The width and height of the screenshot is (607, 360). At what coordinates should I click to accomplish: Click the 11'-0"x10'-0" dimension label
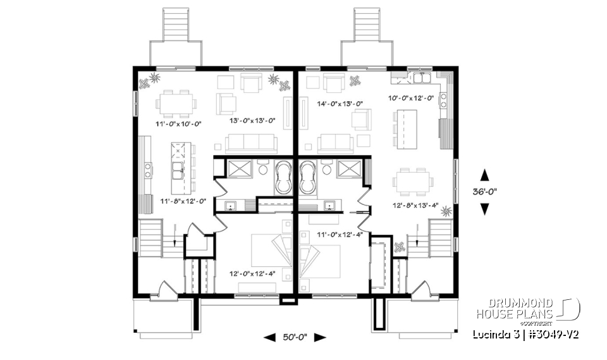(179, 124)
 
